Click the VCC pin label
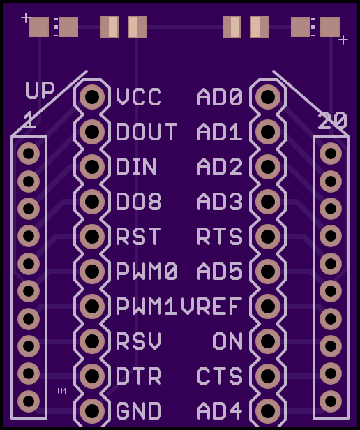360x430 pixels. coord(139,97)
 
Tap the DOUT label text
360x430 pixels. coord(147,132)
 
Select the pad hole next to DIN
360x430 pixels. coord(92,166)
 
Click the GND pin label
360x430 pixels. coord(139,410)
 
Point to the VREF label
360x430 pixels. coord(211,306)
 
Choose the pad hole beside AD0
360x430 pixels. coord(268,97)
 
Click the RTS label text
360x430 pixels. coord(220,236)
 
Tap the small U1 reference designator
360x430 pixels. coord(63,392)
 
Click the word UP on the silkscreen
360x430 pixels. coord(40,90)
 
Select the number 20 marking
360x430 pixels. coord(332,121)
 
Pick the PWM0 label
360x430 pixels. coord(147,272)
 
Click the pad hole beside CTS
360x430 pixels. coord(268,376)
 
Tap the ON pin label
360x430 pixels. coord(228,341)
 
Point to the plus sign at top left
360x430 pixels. coord(26,18)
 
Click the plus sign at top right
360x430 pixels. coord(343,40)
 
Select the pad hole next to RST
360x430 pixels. coord(92,236)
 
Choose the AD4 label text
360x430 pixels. coord(220,410)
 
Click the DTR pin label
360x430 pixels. coord(139,376)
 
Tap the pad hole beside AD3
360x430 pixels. coord(268,201)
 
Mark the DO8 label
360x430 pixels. coord(139,201)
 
